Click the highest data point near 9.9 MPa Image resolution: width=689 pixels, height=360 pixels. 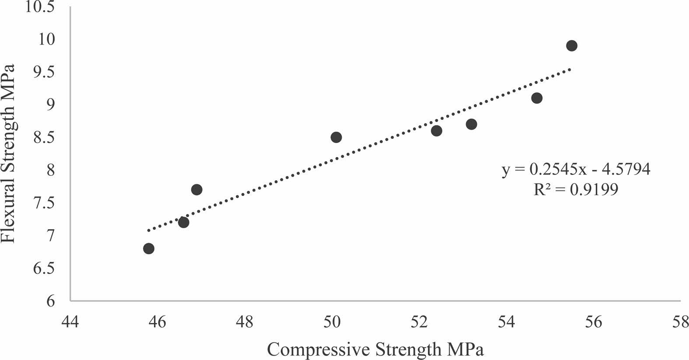(571, 46)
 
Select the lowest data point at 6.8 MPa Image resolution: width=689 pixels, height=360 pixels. (149, 248)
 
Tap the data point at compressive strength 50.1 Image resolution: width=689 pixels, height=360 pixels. (336, 137)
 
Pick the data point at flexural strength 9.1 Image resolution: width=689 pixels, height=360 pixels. (537, 98)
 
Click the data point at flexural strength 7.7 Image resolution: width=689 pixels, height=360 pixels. (196, 189)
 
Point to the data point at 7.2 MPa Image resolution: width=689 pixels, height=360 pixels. (184, 222)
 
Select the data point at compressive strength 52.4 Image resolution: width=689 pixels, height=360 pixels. (436, 131)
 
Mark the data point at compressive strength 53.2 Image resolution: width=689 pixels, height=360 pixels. (471, 124)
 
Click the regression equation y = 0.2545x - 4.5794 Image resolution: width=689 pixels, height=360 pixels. (576, 169)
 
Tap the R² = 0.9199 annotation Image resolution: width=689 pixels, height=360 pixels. (576, 189)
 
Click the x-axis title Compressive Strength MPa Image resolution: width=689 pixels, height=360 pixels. (376, 350)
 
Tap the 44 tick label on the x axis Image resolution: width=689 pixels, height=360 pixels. (70, 322)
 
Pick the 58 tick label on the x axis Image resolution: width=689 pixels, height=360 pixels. (680, 322)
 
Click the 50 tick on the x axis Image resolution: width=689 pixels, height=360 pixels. (332, 322)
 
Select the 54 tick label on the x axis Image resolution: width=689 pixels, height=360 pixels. (506, 322)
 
